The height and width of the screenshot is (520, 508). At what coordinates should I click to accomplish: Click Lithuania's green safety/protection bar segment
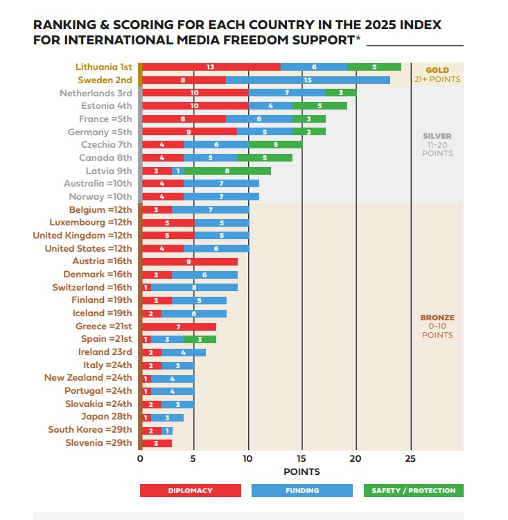[x=374, y=67]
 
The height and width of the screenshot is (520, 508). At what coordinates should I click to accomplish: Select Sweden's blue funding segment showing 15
[x=307, y=80]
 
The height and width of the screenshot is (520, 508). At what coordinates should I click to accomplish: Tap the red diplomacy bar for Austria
[x=189, y=261]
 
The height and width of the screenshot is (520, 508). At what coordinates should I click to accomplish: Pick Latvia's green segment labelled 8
[x=227, y=171]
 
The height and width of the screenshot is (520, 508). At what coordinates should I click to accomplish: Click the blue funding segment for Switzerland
[x=194, y=287]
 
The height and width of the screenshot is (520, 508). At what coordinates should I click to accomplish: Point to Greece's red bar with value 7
[x=178, y=326]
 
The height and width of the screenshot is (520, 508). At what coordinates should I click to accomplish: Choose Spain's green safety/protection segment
[x=200, y=339]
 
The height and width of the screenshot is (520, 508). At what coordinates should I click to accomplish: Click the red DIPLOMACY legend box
[x=190, y=490]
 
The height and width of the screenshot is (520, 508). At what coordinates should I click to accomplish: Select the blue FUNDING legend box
[x=301, y=490]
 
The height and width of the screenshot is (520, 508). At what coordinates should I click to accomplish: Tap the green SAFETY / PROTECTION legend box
[x=413, y=490]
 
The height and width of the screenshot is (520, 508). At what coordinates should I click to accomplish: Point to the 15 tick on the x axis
[x=302, y=458]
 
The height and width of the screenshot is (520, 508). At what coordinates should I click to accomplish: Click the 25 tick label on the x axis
[x=410, y=458]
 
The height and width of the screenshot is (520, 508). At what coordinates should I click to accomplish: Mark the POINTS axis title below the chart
[x=302, y=472]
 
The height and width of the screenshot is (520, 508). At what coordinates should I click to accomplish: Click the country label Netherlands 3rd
[x=96, y=93]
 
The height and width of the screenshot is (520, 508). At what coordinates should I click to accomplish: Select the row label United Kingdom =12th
[x=82, y=235]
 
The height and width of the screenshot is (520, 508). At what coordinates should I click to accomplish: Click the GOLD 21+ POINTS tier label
[x=437, y=75]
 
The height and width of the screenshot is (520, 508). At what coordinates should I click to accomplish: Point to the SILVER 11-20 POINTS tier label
[x=437, y=144]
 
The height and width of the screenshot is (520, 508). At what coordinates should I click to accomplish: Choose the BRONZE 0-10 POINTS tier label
[x=437, y=326]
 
